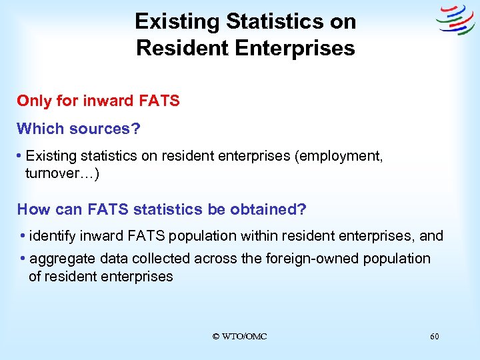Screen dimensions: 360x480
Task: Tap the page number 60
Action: pyautogui.click(x=434, y=337)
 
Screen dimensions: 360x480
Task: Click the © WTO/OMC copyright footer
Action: pyautogui.click(x=239, y=337)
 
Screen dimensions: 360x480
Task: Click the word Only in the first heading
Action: pyautogui.click(x=34, y=101)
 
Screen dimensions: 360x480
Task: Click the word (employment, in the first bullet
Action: pyautogui.click(x=340, y=156)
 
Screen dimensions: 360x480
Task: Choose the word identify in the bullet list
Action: pyautogui.click(x=54, y=236)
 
